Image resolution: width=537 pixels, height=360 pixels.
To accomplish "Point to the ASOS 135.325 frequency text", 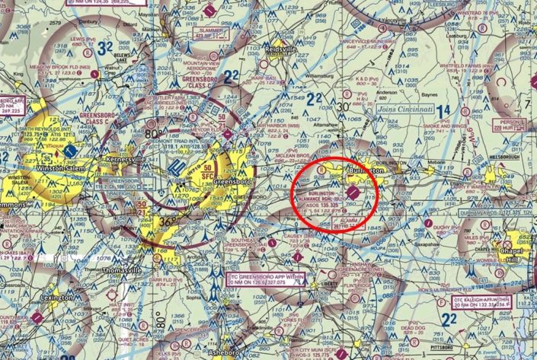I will click(x=320, y=204).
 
